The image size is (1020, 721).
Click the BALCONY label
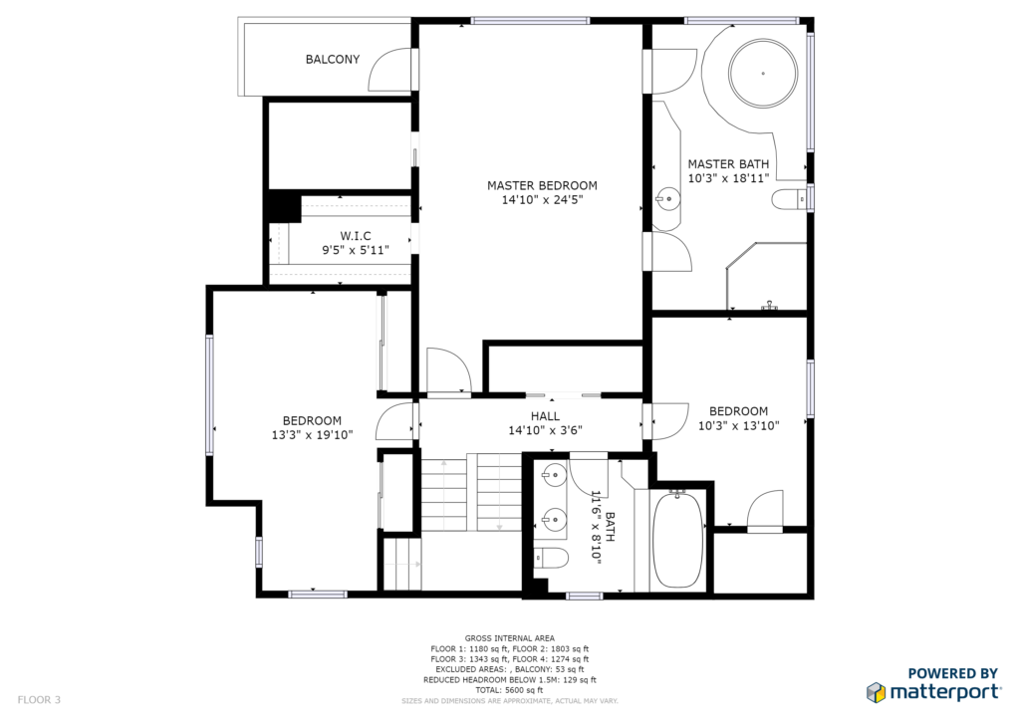[x=333, y=59]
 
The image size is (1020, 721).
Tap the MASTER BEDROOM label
[x=542, y=185]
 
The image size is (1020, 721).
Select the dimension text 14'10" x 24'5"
[x=542, y=200]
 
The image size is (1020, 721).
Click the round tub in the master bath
[x=763, y=73]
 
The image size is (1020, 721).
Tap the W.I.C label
[x=356, y=236]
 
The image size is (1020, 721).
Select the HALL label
[x=545, y=416]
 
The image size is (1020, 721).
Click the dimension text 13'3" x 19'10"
[x=312, y=435]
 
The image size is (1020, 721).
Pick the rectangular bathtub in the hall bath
[x=677, y=541]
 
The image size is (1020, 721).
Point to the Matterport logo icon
[x=876, y=692]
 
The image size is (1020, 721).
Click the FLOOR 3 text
[x=39, y=699]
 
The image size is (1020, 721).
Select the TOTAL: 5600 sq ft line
[x=509, y=690]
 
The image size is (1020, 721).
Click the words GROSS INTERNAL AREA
[x=509, y=638]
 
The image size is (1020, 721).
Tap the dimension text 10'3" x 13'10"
[x=738, y=426]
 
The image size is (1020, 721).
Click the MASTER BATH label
[x=728, y=164]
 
